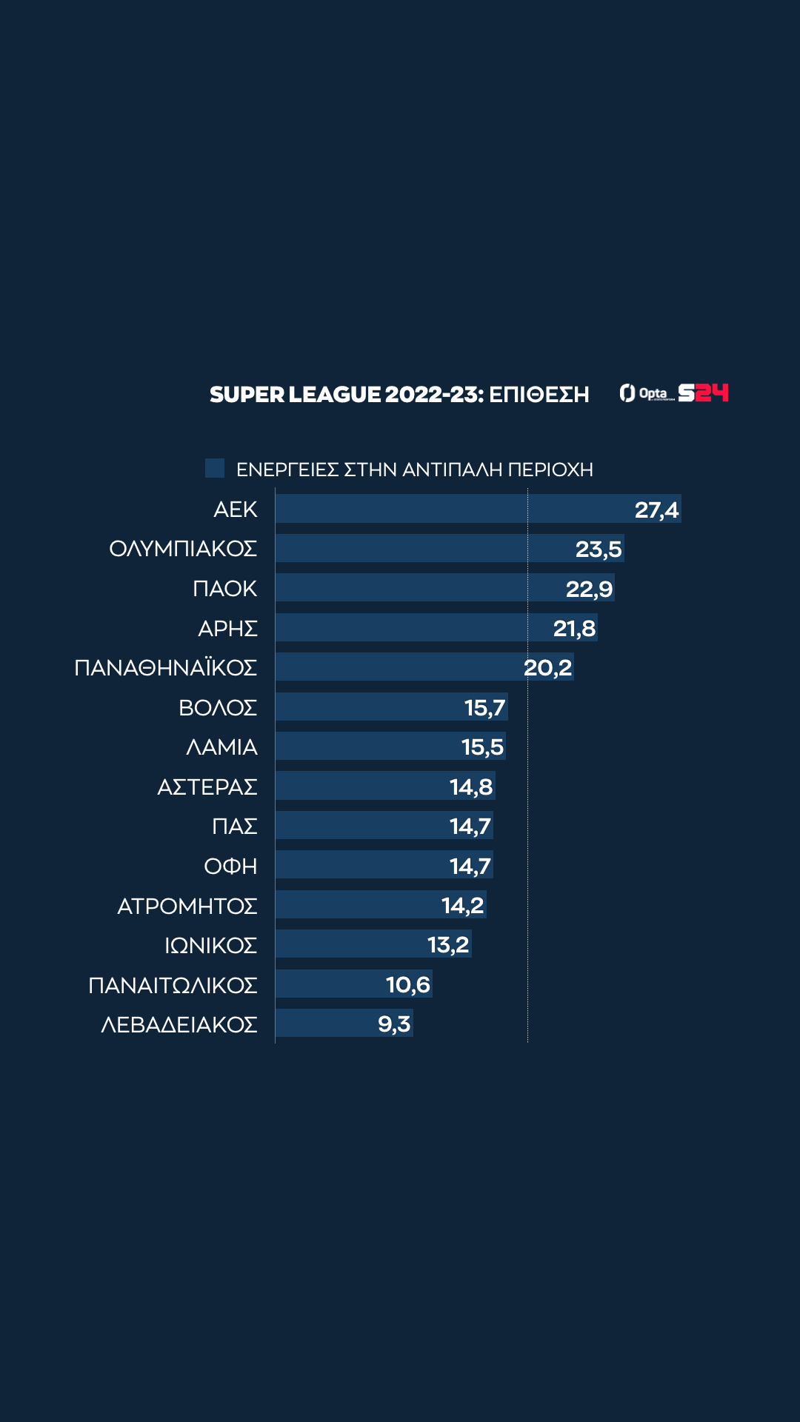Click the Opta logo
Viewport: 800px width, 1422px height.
click(645, 393)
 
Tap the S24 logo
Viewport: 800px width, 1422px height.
click(703, 393)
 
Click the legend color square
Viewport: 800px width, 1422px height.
click(215, 468)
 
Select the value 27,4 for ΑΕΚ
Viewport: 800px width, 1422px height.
click(656, 510)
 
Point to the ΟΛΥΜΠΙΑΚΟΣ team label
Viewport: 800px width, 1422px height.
click(183, 549)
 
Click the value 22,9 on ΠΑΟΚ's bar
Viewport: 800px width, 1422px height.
click(589, 589)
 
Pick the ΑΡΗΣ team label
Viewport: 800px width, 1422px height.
click(227, 628)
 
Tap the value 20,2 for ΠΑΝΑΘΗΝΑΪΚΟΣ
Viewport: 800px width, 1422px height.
click(547, 667)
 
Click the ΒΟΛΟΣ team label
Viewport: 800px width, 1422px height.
click(218, 707)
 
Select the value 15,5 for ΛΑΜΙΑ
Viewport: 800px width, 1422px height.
click(482, 747)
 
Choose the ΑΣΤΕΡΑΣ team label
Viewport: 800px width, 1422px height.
click(207, 787)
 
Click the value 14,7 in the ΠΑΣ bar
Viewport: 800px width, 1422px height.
click(470, 826)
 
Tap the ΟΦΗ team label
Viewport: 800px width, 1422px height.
click(230, 866)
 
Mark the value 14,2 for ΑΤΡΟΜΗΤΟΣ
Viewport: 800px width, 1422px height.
click(462, 905)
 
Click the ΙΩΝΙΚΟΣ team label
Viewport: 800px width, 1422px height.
click(210, 945)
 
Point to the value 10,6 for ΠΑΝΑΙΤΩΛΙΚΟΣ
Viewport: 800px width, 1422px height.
click(407, 984)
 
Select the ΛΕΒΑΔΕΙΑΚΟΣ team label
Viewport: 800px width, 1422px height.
click(179, 1024)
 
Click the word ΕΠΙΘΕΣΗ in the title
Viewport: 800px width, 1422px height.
click(539, 394)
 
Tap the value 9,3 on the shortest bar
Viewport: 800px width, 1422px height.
click(394, 1024)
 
